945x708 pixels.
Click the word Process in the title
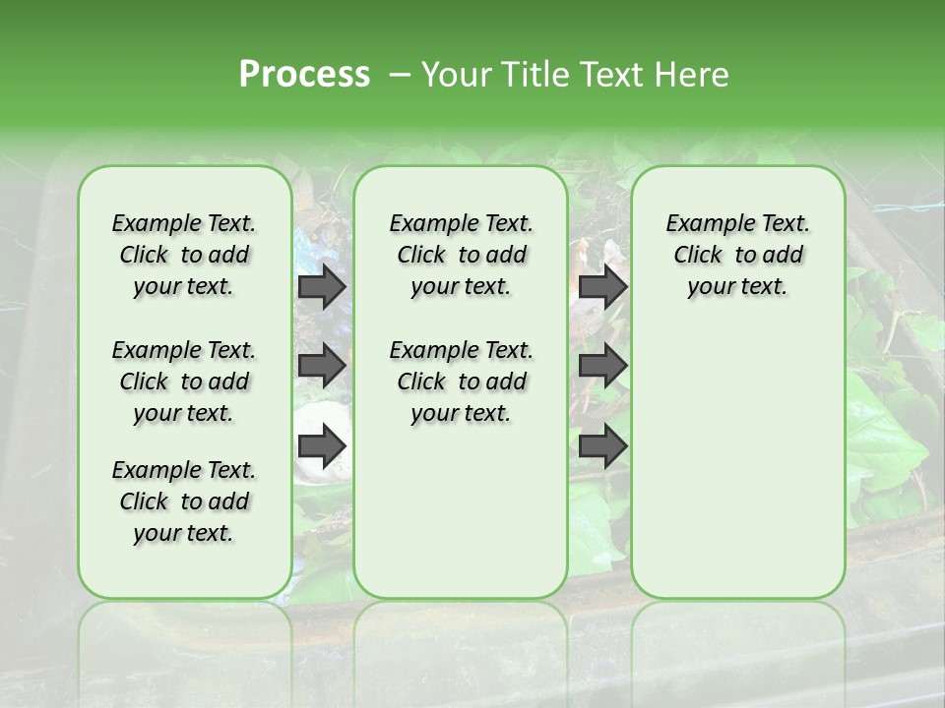tap(304, 75)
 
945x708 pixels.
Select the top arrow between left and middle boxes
tap(322, 287)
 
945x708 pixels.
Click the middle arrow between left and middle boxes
tap(322, 366)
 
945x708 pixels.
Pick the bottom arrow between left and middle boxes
tap(322, 446)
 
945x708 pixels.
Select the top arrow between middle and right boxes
tap(602, 287)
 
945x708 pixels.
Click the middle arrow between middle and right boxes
tap(602, 366)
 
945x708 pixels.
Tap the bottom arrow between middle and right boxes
tap(602, 446)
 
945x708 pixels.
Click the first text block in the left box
tap(184, 255)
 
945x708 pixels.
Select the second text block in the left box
tap(184, 382)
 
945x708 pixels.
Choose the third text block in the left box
tap(184, 501)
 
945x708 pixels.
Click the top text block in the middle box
tap(461, 255)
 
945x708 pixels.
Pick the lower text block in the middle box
tap(461, 382)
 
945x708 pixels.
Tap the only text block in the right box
tap(737, 255)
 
